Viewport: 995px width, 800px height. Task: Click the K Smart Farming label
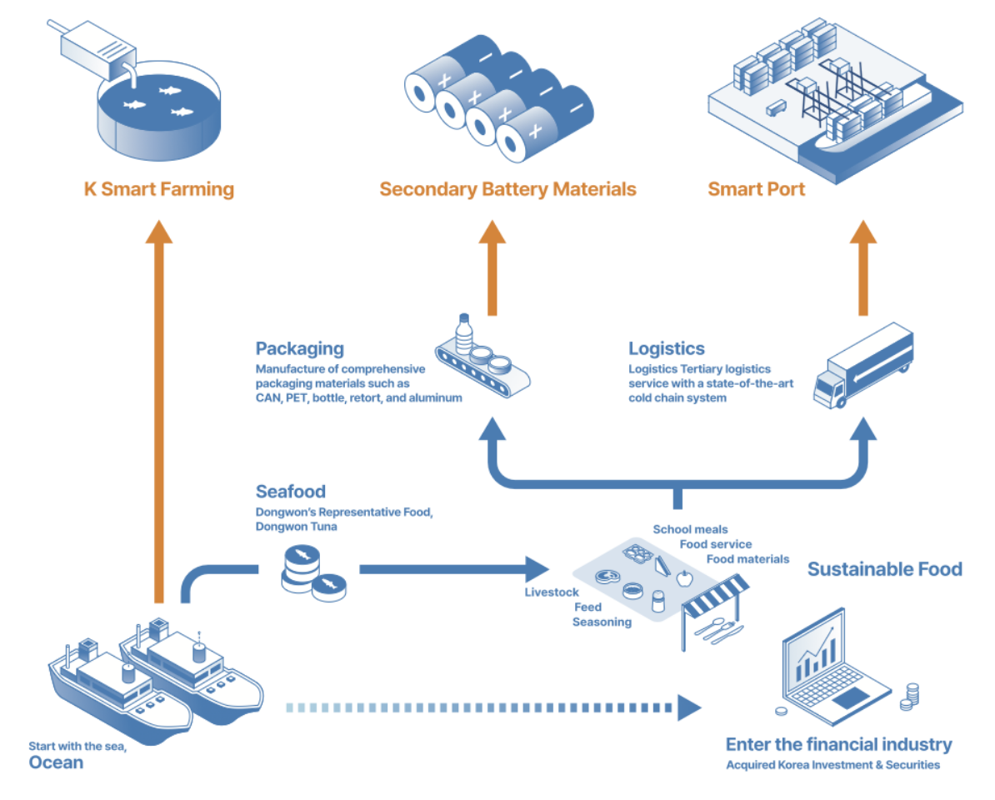pyautogui.click(x=159, y=189)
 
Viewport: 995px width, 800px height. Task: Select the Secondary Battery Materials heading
pyautogui.click(x=507, y=189)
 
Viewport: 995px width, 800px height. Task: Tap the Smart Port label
pyautogui.click(x=757, y=189)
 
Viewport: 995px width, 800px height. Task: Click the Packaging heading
pyautogui.click(x=299, y=348)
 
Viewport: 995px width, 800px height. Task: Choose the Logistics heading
pyautogui.click(x=667, y=348)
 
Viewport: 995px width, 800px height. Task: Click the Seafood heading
pyautogui.click(x=290, y=491)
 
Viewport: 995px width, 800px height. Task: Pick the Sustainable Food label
pyautogui.click(x=884, y=569)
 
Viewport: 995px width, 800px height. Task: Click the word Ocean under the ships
pyautogui.click(x=57, y=762)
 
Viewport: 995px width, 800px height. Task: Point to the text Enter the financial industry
pyautogui.click(x=838, y=744)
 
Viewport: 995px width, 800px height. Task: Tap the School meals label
pyautogui.click(x=690, y=529)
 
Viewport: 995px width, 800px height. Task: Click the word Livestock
pyautogui.click(x=551, y=592)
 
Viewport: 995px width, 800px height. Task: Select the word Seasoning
pyautogui.click(x=602, y=622)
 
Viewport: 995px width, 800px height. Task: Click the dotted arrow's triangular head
pyautogui.click(x=689, y=707)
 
